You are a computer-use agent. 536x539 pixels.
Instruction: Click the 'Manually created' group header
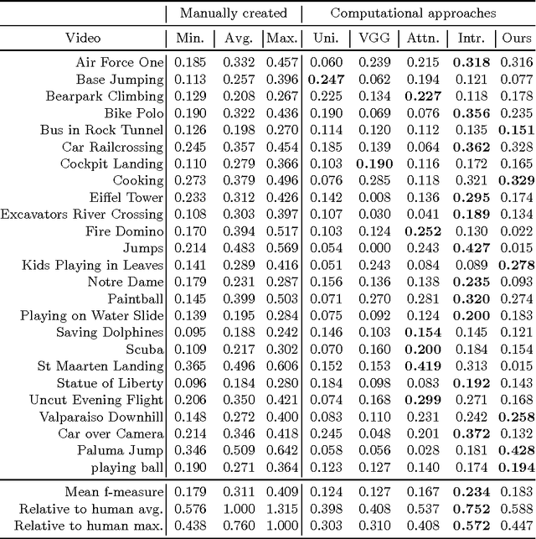(232, 13)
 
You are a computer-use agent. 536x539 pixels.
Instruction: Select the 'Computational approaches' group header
(413, 13)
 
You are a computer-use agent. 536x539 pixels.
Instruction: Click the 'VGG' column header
(374, 38)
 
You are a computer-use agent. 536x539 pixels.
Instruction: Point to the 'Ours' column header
(516, 38)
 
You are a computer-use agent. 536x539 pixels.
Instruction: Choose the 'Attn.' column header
(420, 38)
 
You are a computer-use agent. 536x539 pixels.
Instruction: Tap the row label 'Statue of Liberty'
(111, 383)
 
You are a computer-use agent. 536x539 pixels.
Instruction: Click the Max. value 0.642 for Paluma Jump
(281, 451)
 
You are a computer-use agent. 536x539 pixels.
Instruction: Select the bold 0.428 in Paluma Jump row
(516, 451)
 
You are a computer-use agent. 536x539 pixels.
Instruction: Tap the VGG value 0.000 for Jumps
(374, 248)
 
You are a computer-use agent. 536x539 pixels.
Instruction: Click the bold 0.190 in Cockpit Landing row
(374, 163)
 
